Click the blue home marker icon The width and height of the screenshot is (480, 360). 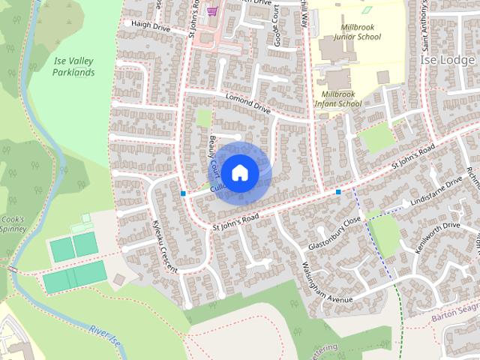click(x=239, y=172)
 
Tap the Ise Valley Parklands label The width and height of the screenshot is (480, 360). click(x=73, y=67)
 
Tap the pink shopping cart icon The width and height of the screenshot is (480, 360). click(x=213, y=11)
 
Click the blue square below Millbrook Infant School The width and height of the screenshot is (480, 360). click(x=339, y=192)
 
